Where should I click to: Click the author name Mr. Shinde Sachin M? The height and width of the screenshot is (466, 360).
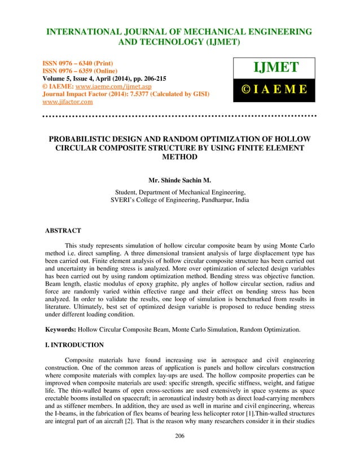179,182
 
